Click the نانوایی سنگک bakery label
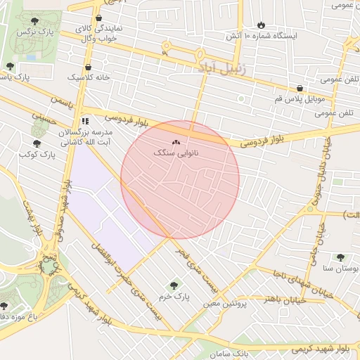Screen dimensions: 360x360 tap(176, 152)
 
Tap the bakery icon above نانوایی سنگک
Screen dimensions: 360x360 tap(176, 142)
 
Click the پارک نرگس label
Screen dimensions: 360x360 tap(37, 32)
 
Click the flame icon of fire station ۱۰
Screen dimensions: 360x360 tap(262, 24)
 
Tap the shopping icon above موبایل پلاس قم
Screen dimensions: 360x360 tap(300, 89)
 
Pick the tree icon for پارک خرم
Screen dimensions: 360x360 tap(174, 285)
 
